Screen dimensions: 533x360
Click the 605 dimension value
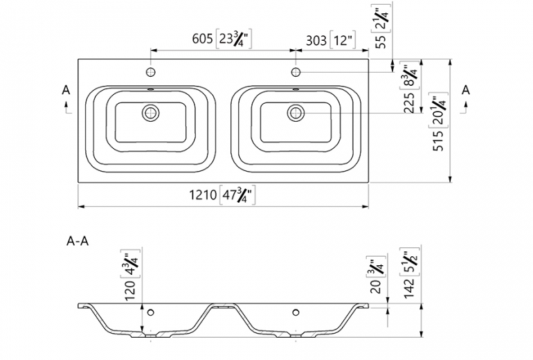coord(202,39)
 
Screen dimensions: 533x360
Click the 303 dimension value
coord(316,41)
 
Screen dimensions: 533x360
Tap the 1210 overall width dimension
coord(203,195)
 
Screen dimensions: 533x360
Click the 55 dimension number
coord(381,41)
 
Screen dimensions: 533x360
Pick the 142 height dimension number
coord(409,288)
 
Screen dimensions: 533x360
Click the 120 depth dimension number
coord(130,290)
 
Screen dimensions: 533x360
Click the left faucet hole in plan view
coord(151,72)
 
